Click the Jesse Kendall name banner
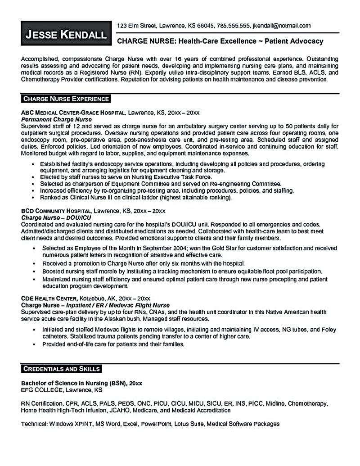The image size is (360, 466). click(x=67, y=34)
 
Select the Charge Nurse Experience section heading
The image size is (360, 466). click(x=66, y=98)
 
